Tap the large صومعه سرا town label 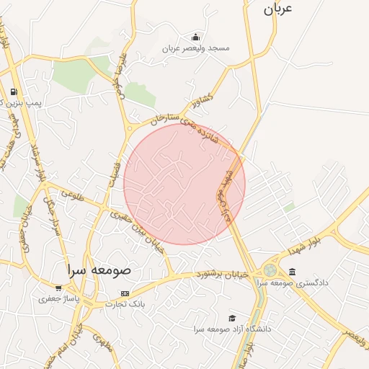coord(97,270)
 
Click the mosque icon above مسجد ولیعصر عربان coord(196,37)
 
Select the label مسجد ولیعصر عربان coord(195,48)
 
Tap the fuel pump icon coord(14,92)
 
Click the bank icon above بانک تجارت coord(125,293)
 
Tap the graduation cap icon coord(232,318)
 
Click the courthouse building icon coord(291,272)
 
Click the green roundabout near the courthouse coord(270,270)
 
